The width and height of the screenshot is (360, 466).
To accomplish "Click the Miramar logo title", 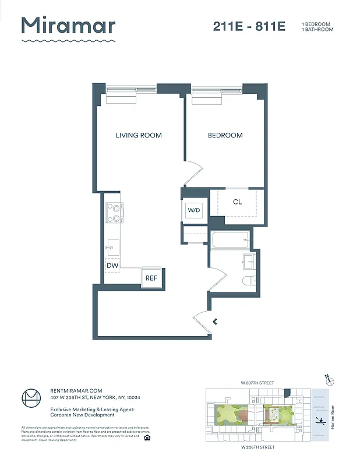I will [68, 26].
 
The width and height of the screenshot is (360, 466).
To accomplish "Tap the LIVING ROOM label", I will [139, 135].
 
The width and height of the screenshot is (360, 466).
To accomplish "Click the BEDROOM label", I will [225, 135].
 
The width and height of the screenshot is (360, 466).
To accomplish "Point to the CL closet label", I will [237, 202].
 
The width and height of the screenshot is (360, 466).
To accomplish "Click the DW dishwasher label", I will [112, 266].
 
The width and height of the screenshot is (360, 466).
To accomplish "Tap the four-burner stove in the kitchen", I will [114, 213].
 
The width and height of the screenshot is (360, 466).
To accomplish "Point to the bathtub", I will [230, 239].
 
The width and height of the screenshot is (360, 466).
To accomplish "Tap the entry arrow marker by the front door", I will [216, 321].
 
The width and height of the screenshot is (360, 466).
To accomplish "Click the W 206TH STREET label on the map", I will [258, 447].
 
